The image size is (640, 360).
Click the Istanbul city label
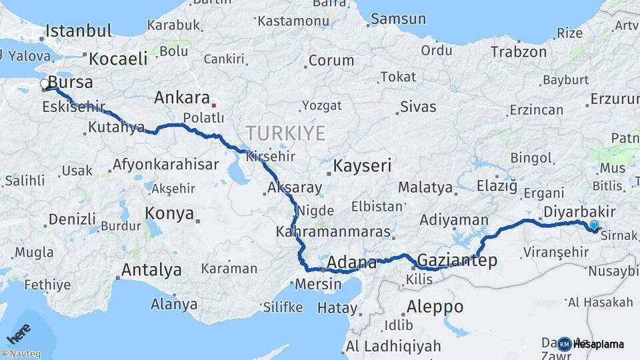click(79, 31)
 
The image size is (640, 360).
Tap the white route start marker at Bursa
click(45, 84)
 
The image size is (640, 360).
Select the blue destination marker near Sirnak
click(594, 226)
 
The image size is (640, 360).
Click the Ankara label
click(182, 98)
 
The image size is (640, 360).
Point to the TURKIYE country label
click(285, 133)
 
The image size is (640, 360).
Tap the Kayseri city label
click(362, 166)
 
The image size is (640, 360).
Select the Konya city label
click(169, 213)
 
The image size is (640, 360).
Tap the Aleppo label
click(434, 307)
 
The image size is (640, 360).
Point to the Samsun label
click(397, 19)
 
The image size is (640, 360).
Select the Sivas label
click(418, 107)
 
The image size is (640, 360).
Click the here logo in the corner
click(19, 331)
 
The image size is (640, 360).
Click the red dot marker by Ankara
click(213, 105)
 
